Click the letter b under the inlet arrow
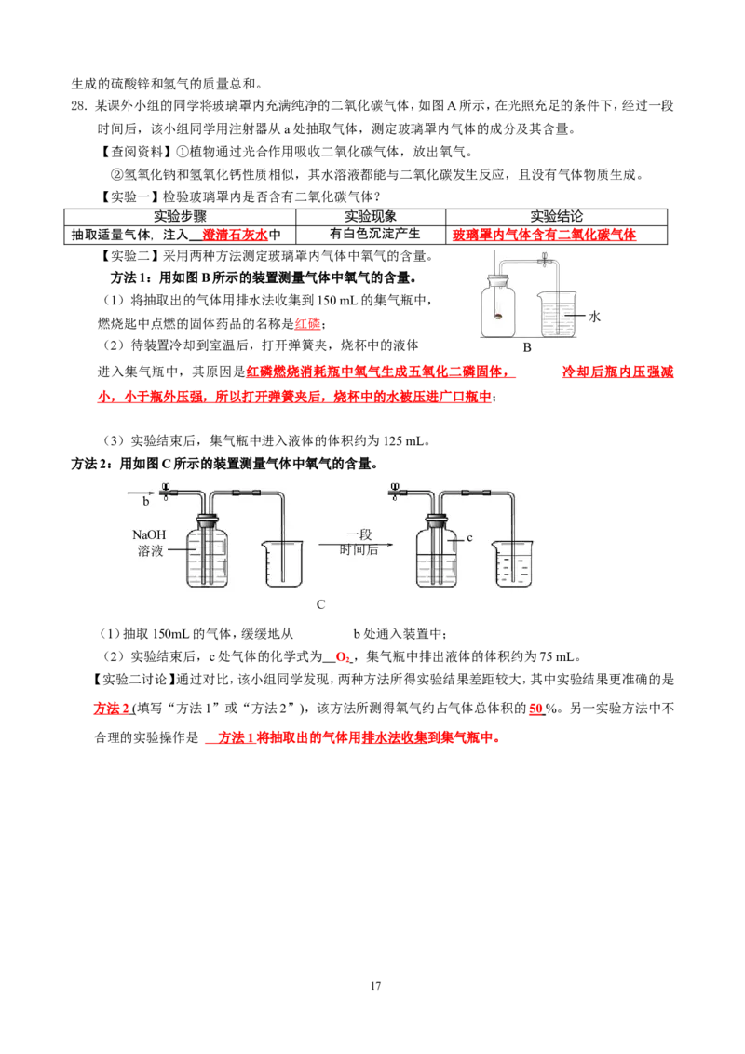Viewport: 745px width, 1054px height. tap(145, 501)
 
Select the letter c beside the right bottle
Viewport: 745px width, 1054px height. tap(470, 537)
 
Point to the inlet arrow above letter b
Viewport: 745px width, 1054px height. tap(141, 491)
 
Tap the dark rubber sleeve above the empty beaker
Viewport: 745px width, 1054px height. tap(246, 492)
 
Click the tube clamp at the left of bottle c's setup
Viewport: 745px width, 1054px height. tap(395, 490)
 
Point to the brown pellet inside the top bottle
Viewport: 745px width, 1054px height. tap(500, 317)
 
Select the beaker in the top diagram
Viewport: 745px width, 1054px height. tap(558, 315)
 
